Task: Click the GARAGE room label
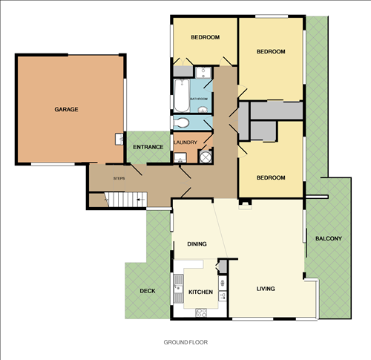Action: tap(66, 109)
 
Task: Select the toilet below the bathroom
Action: tap(182, 122)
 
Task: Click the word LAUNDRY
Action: tap(185, 142)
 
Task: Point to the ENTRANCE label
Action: tap(148, 147)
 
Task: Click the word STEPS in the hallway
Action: tap(119, 179)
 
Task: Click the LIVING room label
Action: tap(266, 289)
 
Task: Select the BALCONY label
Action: tap(328, 238)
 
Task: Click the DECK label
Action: tap(148, 291)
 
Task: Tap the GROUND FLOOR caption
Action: tap(185, 343)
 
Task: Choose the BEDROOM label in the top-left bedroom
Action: tap(205, 37)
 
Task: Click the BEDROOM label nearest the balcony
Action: tap(271, 178)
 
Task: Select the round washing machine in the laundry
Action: tap(206, 157)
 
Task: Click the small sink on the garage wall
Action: tap(119, 139)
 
